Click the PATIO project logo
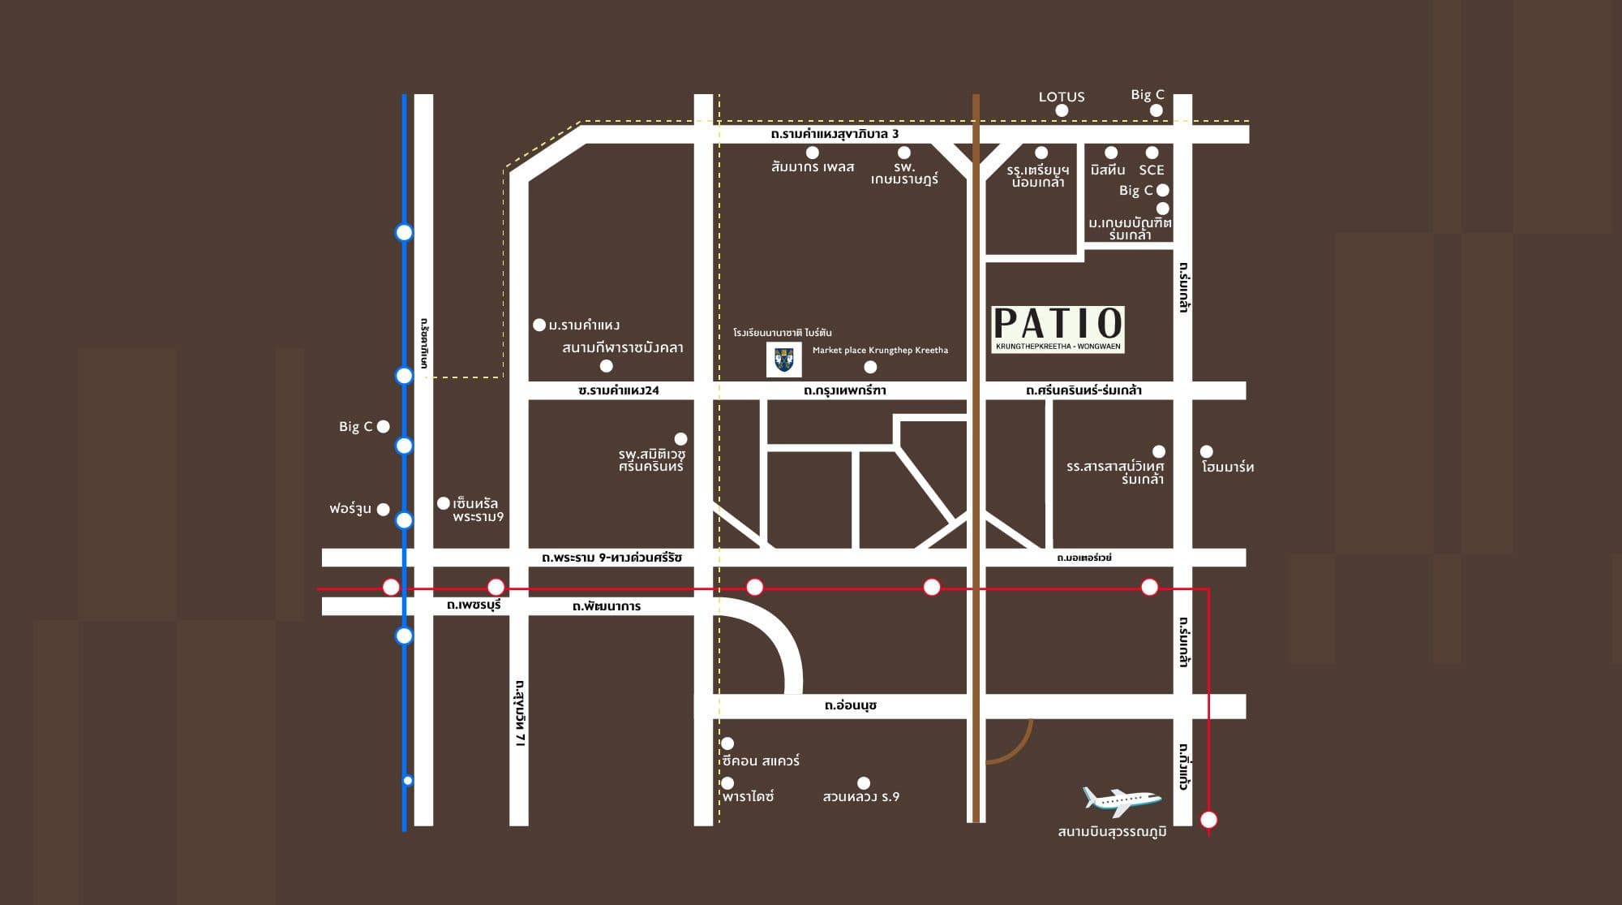(1058, 329)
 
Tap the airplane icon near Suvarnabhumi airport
(1122, 800)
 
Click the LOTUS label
(1061, 97)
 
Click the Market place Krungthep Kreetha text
(880, 350)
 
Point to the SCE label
(1151, 170)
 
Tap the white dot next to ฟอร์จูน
(383, 510)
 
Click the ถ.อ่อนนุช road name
(850, 705)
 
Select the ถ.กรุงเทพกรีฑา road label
(844, 390)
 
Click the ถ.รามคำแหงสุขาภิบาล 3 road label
(835, 134)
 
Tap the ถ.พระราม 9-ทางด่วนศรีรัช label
(611, 558)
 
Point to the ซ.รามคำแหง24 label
(618, 390)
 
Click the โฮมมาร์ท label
(1228, 467)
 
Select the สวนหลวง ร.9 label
(860, 797)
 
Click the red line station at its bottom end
(1208, 820)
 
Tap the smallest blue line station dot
(408, 781)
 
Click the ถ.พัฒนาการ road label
(606, 606)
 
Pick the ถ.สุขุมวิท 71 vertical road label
(520, 713)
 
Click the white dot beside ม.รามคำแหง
(539, 325)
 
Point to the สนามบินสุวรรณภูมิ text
(1112, 832)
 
